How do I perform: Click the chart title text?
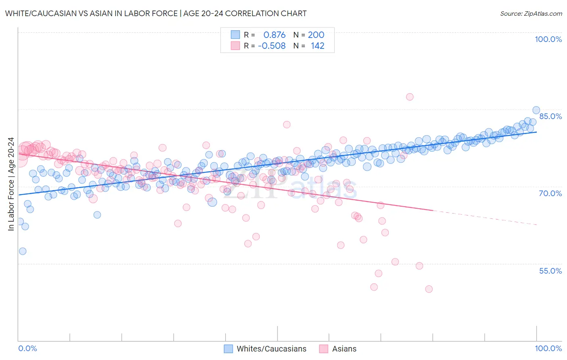[156, 13]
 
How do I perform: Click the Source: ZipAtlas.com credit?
[531, 13]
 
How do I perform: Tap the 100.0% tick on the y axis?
[548, 39]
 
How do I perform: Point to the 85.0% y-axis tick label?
[550, 116]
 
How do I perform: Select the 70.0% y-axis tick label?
[550, 193]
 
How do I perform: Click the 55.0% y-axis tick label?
[550, 271]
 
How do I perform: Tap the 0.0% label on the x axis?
[27, 348]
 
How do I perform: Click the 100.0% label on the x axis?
[548, 348]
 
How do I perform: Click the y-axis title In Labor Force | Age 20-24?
[11, 184]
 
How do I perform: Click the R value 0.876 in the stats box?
[274, 35]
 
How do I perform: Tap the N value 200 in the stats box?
[316, 35]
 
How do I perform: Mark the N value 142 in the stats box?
[317, 46]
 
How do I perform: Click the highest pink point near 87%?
[410, 97]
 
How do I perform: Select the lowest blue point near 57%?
[23, 251]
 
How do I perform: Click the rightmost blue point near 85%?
[536, 110]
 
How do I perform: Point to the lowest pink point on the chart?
[429, 289]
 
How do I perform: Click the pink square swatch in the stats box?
[235, 46]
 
